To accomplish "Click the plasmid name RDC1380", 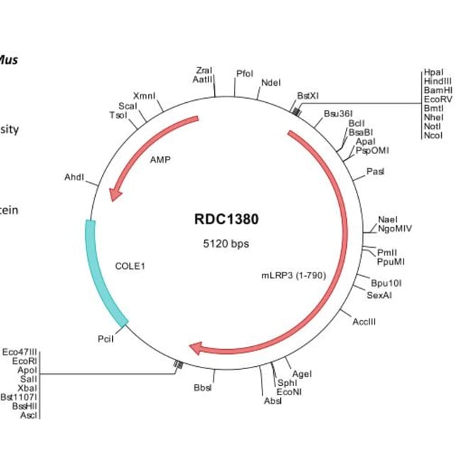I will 226,219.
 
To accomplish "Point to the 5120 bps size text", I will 226,243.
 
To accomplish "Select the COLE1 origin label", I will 130,266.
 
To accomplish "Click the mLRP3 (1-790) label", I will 294,275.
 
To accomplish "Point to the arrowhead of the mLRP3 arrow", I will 197,348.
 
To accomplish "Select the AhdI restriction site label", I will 74,177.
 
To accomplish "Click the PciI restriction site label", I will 106,339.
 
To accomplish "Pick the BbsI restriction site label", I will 203,387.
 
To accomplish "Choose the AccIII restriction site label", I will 364,321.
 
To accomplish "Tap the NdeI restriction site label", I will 271,83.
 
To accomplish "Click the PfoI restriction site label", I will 244,74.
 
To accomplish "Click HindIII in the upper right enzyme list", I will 434,82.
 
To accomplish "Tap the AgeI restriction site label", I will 301,374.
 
